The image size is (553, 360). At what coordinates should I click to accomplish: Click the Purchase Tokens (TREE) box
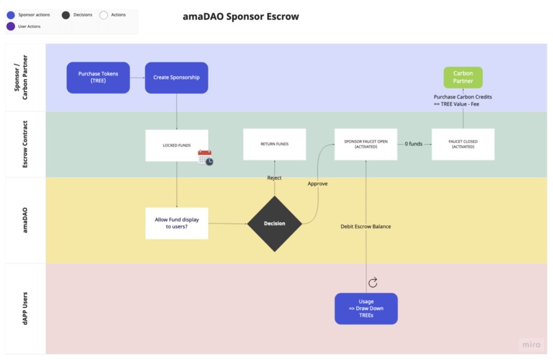(98, 77)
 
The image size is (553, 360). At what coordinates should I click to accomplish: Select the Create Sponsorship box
(176, 77)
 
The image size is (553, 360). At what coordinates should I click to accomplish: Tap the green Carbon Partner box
(462, 77)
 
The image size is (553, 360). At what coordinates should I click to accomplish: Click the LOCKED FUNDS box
(176, 145)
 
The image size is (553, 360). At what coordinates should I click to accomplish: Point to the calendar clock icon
(205, 158)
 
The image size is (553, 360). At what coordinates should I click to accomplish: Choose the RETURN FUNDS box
(274, 144)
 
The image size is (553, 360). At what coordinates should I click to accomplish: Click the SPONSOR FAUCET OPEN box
(366, 144)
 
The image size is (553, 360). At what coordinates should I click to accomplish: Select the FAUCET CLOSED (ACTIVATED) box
(462, 144)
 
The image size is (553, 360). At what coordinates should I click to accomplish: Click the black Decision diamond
(274, 224)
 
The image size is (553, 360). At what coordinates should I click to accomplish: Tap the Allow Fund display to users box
(176, 223)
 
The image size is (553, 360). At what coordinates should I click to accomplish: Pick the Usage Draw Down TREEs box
(366, 309)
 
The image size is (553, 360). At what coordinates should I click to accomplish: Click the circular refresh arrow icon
(373, 283)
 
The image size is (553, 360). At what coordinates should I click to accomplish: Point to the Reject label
(274, 178)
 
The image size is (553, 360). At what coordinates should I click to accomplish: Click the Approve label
(318, 184)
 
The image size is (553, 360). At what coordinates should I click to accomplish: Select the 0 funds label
(414, 144)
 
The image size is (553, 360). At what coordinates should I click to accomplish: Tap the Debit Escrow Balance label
(366, 226)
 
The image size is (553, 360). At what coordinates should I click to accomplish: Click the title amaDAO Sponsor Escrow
(241, 16)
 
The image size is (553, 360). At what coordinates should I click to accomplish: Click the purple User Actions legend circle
(10, 27)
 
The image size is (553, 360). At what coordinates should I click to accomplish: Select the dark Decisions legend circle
(66, 15)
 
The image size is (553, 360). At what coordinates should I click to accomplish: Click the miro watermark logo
(530, 345)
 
